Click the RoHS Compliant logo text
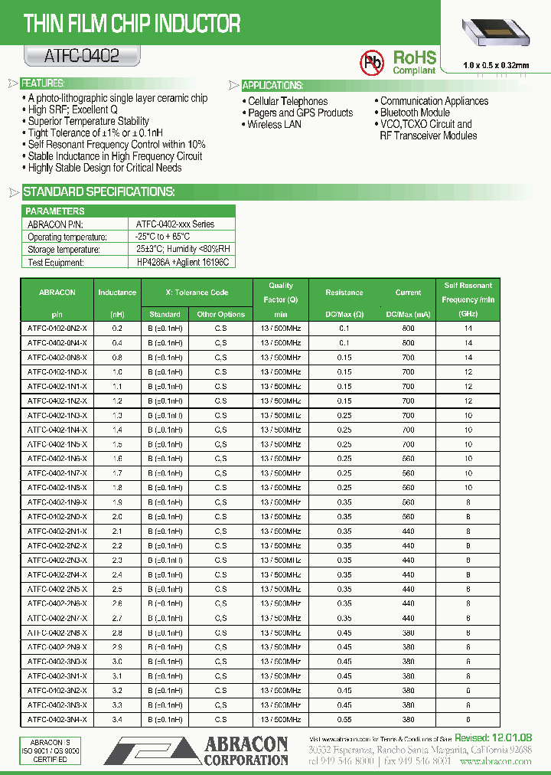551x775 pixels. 414,61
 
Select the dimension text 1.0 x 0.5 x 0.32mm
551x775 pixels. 496,65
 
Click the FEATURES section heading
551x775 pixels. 43,83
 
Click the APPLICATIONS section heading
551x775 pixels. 272,85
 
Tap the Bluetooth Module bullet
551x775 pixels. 415,113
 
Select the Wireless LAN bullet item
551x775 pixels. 274,124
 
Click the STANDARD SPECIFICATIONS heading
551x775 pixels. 99,191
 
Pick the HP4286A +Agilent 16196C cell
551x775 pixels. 182,262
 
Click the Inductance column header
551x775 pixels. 117,293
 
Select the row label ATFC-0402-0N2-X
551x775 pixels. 57,328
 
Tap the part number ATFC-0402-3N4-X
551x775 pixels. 57,719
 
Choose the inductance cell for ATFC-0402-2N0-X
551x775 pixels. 117,517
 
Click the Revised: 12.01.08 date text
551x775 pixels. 493,737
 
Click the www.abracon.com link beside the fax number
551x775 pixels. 497,762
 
